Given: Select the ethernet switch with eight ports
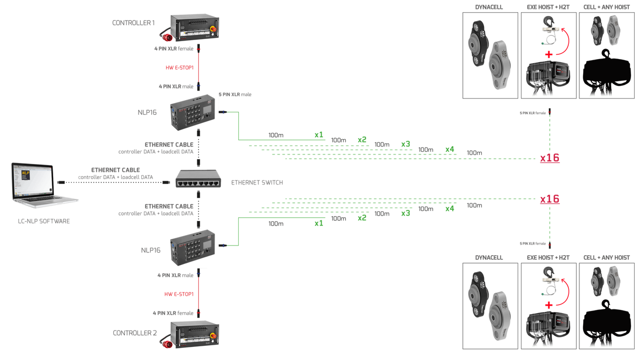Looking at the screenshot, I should (198, 179).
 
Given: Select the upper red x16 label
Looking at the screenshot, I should (549, 158).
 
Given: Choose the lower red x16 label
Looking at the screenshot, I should (549, 199).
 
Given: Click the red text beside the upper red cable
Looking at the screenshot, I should (179, 67).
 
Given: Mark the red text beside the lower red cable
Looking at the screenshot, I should (179, 293).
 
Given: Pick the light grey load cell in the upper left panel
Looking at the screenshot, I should (499, 65).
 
